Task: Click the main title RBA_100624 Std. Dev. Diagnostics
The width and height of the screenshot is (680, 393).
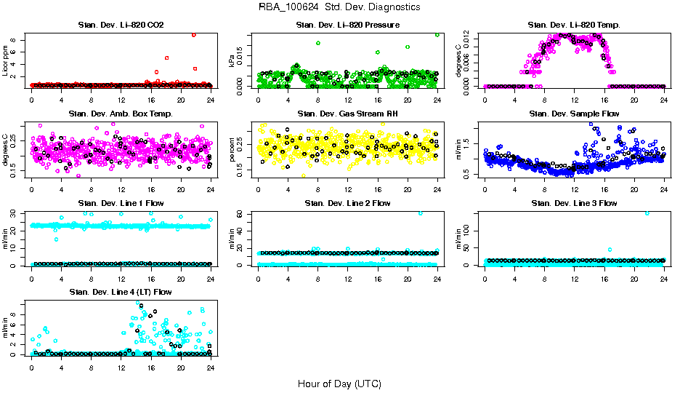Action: click(339, 7)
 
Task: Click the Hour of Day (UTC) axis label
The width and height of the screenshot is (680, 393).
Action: click(339, 383)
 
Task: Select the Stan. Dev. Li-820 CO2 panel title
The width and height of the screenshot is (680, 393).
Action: click(121, 25)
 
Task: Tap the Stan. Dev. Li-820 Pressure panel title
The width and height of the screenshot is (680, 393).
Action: click(347, 25)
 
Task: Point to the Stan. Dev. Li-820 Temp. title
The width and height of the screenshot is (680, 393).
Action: click(574, 25)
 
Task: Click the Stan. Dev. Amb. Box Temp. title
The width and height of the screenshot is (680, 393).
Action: click(121, 114)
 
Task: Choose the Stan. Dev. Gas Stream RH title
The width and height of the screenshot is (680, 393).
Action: click(347, 114)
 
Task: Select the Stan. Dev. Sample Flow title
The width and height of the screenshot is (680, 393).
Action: click(574, 114)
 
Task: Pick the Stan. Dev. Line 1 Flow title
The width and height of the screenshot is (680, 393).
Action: click(121, 203)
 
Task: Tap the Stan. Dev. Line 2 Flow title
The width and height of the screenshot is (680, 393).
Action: click(347, 203)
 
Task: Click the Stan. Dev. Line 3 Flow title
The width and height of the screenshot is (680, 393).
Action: click(574, 203)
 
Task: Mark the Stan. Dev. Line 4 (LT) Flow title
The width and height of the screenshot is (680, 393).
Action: click(121, 292)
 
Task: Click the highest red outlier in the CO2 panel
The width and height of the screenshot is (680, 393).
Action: click(194, 35)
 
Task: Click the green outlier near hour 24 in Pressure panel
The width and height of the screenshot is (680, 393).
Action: click(437, 34)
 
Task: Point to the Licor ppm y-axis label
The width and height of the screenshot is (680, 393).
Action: click(7, 60)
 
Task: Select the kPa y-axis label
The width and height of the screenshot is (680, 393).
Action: click(233, 61)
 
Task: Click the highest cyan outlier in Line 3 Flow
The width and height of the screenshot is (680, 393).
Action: click(647, 213)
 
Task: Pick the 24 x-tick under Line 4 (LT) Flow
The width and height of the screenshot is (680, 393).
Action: click(210, 367)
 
